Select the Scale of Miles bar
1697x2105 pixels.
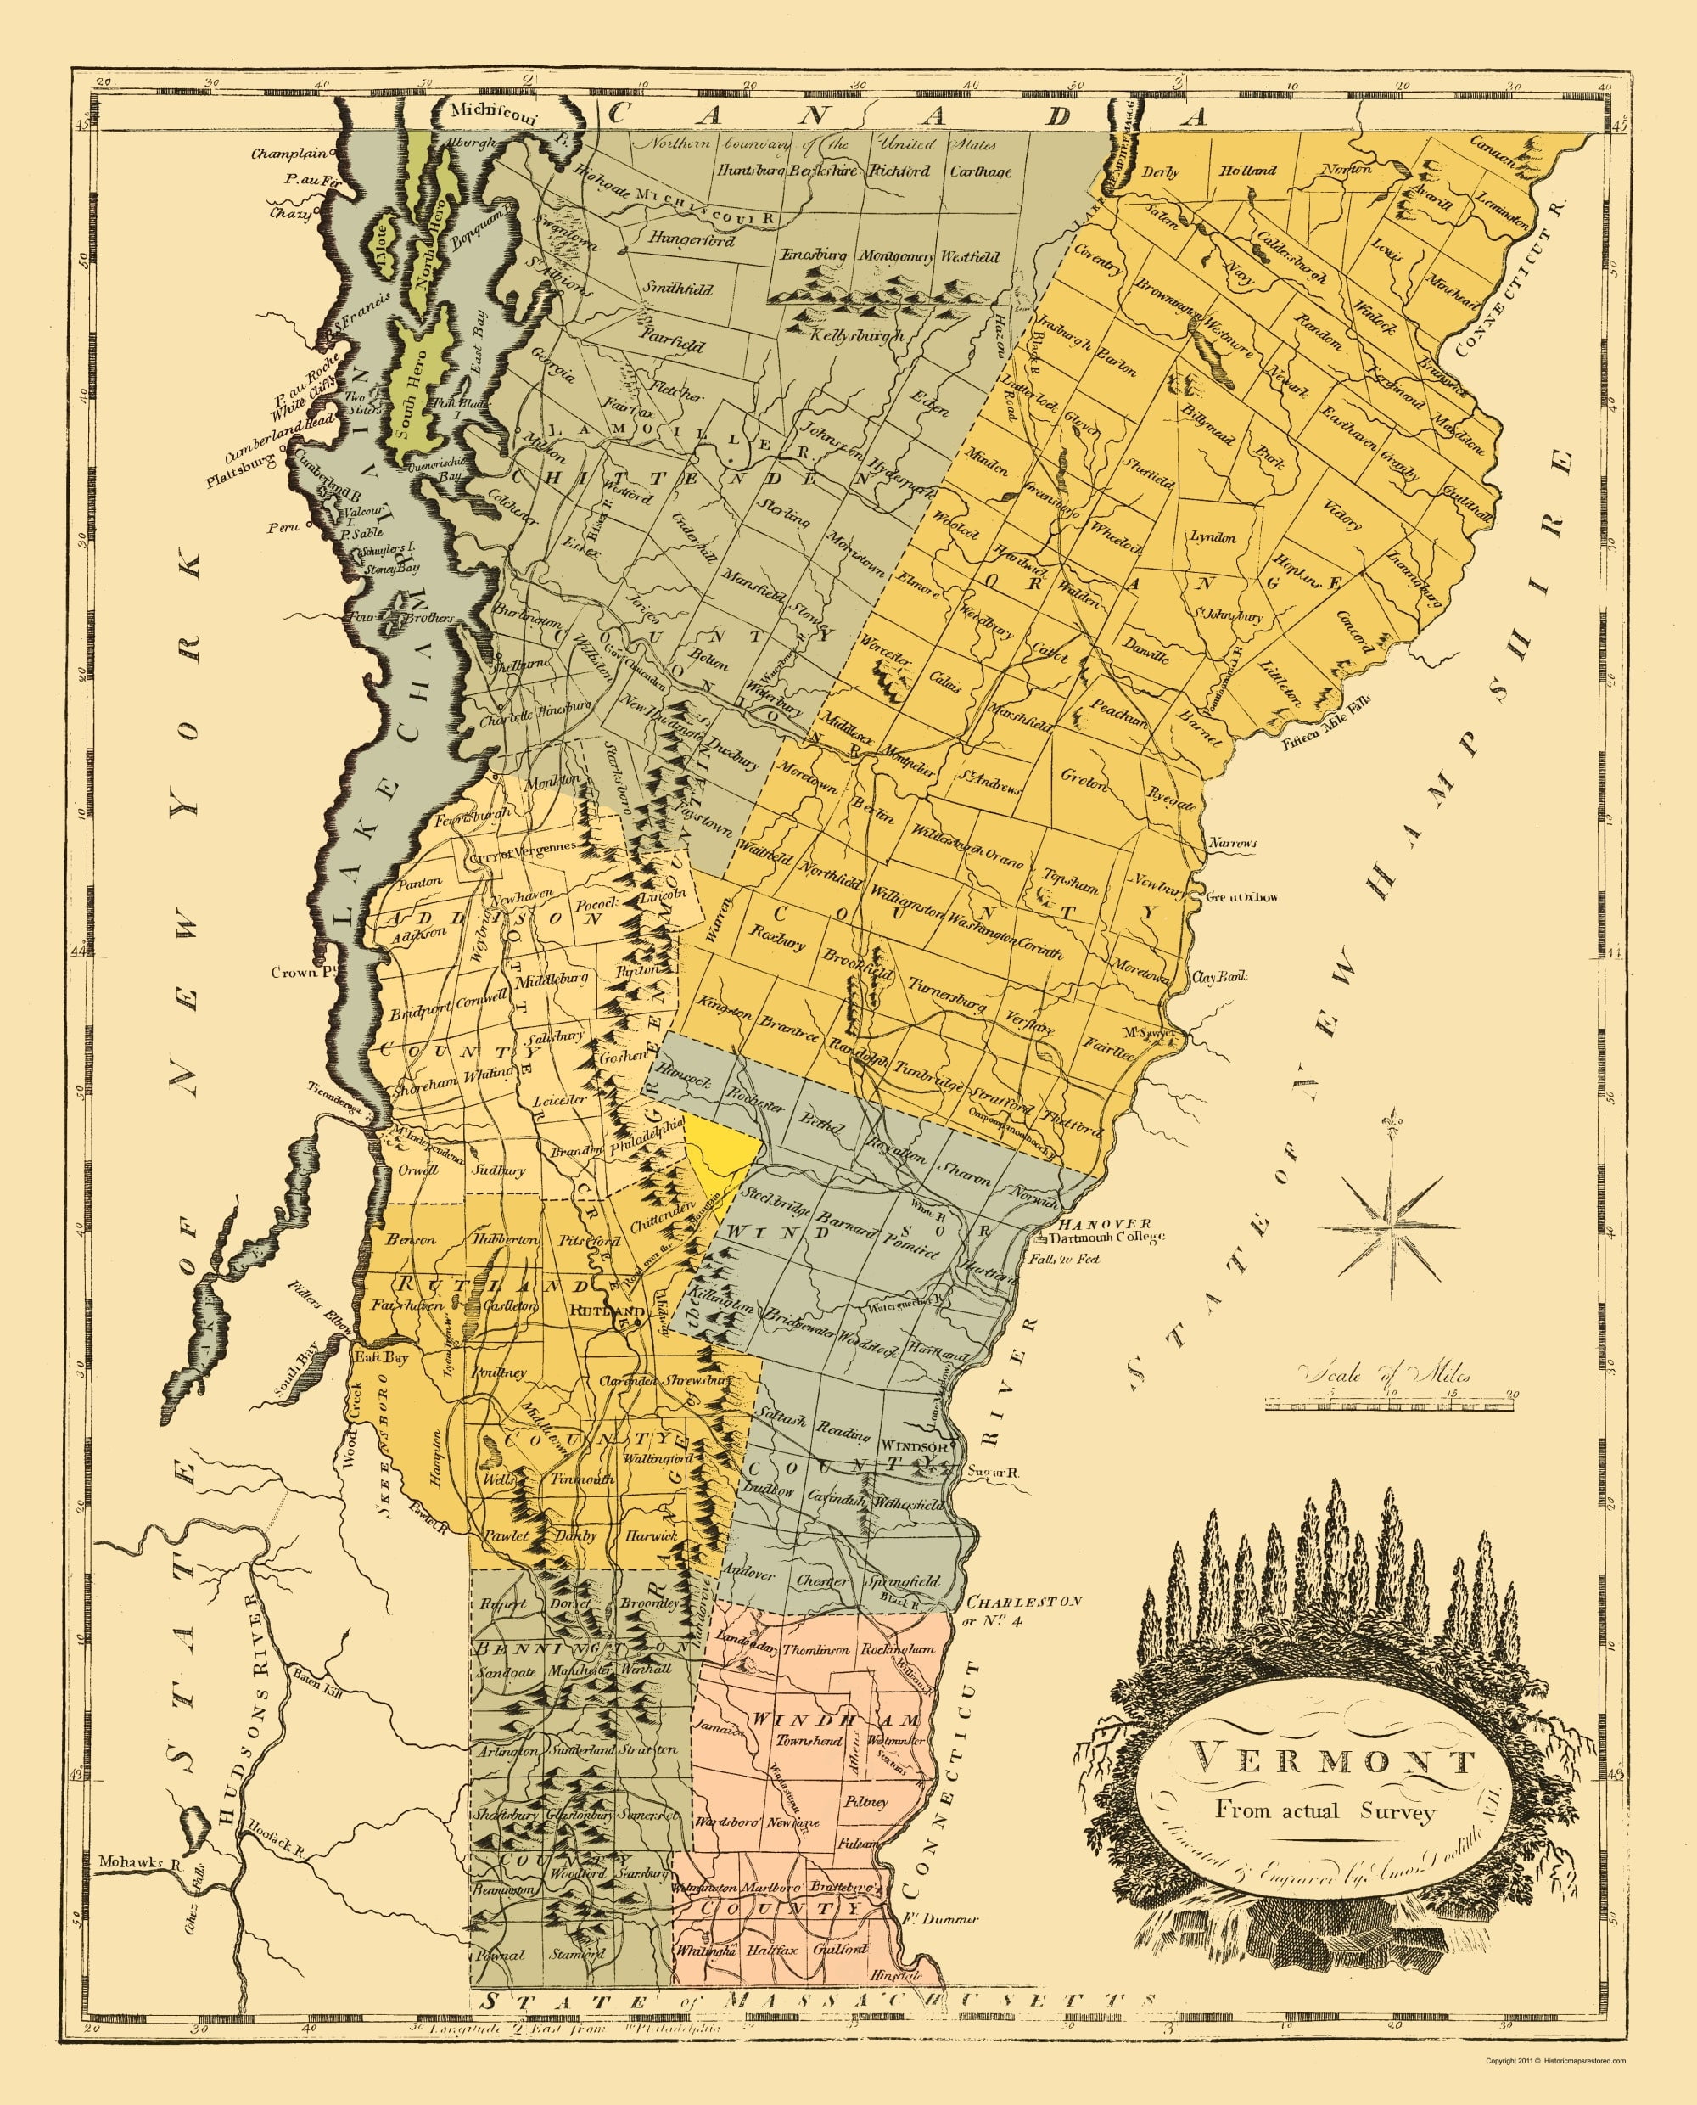(x=1389, y=1404)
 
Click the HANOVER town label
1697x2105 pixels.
(x=1091, y=1222)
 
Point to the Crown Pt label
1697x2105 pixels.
(x=296, y=972)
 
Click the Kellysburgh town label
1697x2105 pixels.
(x=854, y=334)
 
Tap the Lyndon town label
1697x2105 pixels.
(x=1213, y=536)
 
